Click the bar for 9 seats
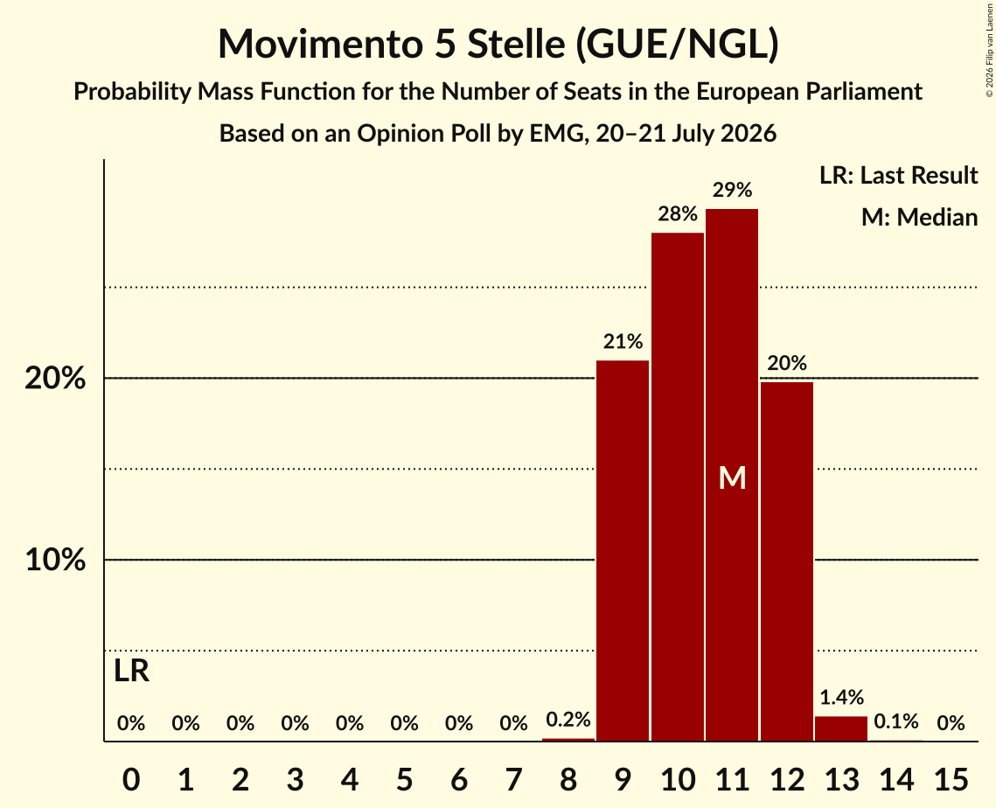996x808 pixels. tap(623, 551)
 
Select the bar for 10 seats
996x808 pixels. tap(677, 486)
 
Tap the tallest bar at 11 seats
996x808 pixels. tap(732, 475)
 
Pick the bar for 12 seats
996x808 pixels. tap(786, 561)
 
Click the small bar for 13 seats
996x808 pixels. tap(841, 728)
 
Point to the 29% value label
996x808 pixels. tap(732, 190)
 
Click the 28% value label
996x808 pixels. tap(677, 214)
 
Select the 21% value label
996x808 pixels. tap(623, 342)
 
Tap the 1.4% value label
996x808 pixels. tap(841, 698)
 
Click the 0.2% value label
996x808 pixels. tap(568, 719)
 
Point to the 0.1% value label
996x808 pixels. tap(895, 721)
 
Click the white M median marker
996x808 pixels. tap(732, 477)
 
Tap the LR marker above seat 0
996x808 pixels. tap(131, 671)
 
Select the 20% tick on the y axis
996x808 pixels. tap(55, 379)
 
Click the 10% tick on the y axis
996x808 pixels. tap(55, 561)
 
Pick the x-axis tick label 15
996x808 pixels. tap(951, 779)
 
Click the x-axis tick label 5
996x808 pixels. tap(404, 779)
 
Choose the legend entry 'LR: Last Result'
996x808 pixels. tap(898, 175)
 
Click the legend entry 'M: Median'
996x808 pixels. tap(919, 217)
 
